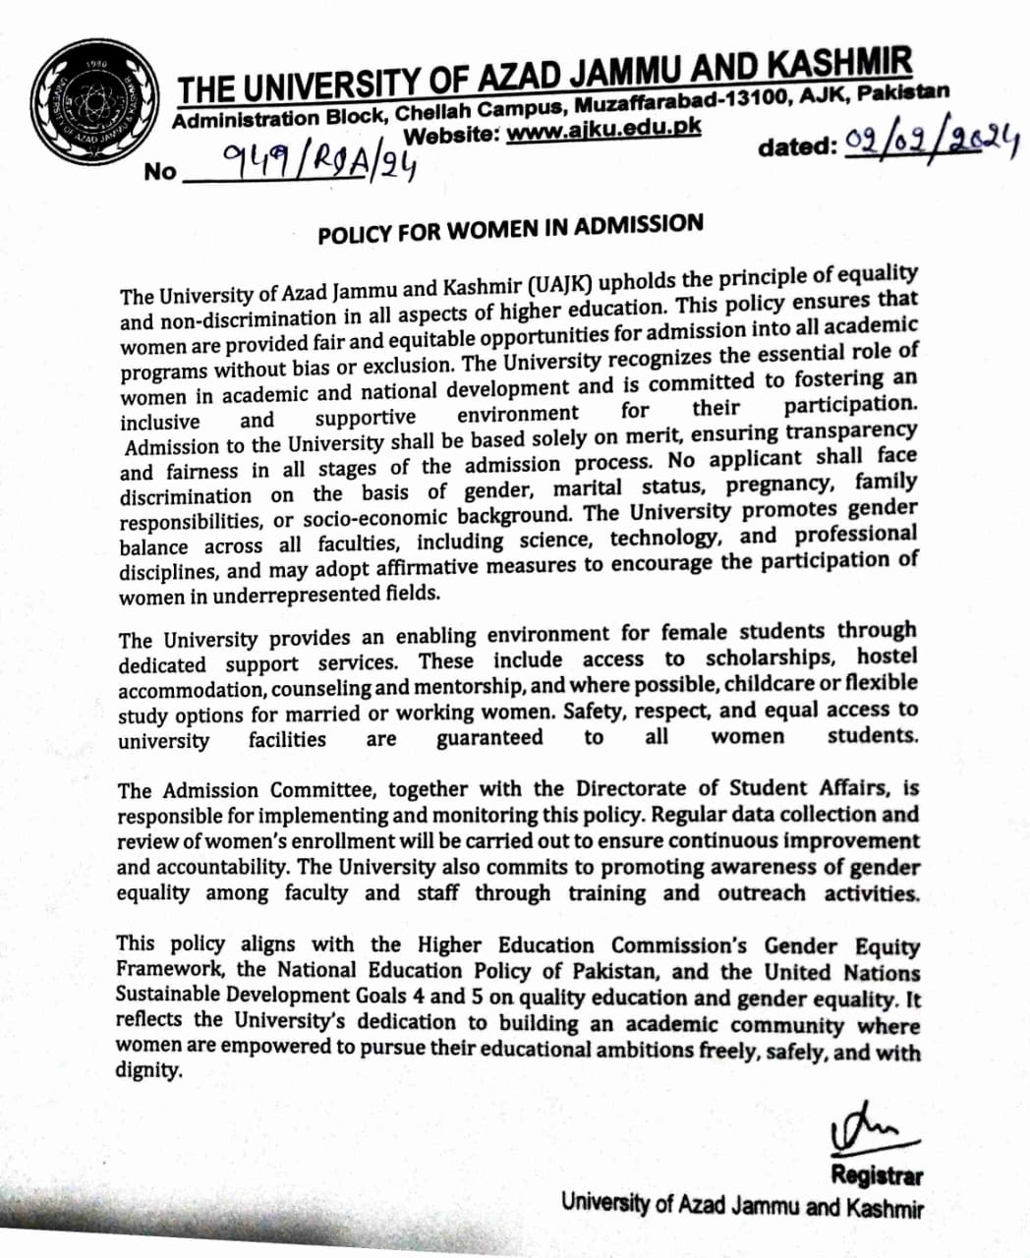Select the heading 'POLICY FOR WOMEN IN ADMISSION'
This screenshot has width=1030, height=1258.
510,228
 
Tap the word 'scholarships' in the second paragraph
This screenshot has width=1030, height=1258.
770,658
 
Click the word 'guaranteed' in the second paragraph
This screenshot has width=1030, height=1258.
489,738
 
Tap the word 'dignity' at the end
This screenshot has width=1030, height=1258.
148,1071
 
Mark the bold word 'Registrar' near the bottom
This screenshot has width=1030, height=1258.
876,1174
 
